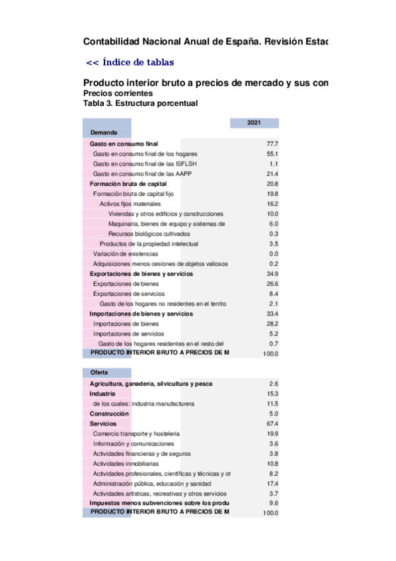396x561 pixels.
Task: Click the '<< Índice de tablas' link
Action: pyautogui.click(x=130, y=63)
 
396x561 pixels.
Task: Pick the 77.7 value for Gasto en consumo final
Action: pyautogui.click(x=272, y=144)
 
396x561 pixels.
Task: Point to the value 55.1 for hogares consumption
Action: pyautogui.click(x=272, y=153)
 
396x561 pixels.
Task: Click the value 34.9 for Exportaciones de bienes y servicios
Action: pyautogui.click(x=272, y=274)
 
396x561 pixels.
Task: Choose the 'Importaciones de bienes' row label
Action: pyautogui.click(x=126, y=324)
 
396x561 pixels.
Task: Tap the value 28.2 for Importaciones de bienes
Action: pyautogui.click(x=272, y=324)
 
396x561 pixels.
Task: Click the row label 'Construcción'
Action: pyautogui.click(x=110, y=413)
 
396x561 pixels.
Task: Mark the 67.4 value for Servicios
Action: pyautogui.click(x=272, y=423)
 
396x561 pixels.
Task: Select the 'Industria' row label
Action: pyautogui.click(x=102, y=394)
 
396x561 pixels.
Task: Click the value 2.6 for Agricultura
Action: pyautogui.click(x=274, y=384)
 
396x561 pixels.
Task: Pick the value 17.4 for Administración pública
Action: pyautogui.click(x=272, y=484)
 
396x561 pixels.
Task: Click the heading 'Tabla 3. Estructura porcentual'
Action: pyautogui.click(x=140, y=104)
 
